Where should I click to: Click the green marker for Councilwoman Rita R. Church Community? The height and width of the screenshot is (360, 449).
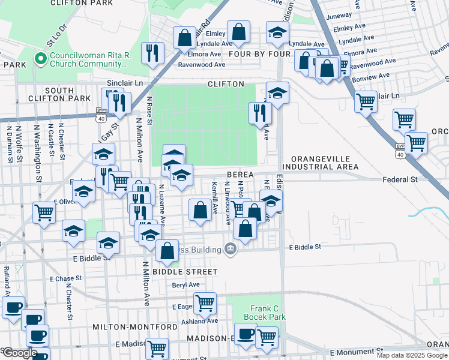(41, 59)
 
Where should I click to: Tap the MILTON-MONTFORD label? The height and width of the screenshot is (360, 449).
(135, 327)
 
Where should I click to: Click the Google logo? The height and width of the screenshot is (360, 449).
(19, 353)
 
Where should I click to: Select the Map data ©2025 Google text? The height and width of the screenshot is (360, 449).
(412, 355)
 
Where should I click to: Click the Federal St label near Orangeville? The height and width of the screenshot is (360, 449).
(400, 179)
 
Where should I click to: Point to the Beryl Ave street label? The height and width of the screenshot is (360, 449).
(185, 285)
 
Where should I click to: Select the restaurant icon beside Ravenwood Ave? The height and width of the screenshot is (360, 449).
(152, 52)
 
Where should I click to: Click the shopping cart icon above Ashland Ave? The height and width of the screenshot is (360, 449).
(205, 302)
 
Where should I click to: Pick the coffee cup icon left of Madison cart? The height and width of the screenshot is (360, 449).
(245, 334)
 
